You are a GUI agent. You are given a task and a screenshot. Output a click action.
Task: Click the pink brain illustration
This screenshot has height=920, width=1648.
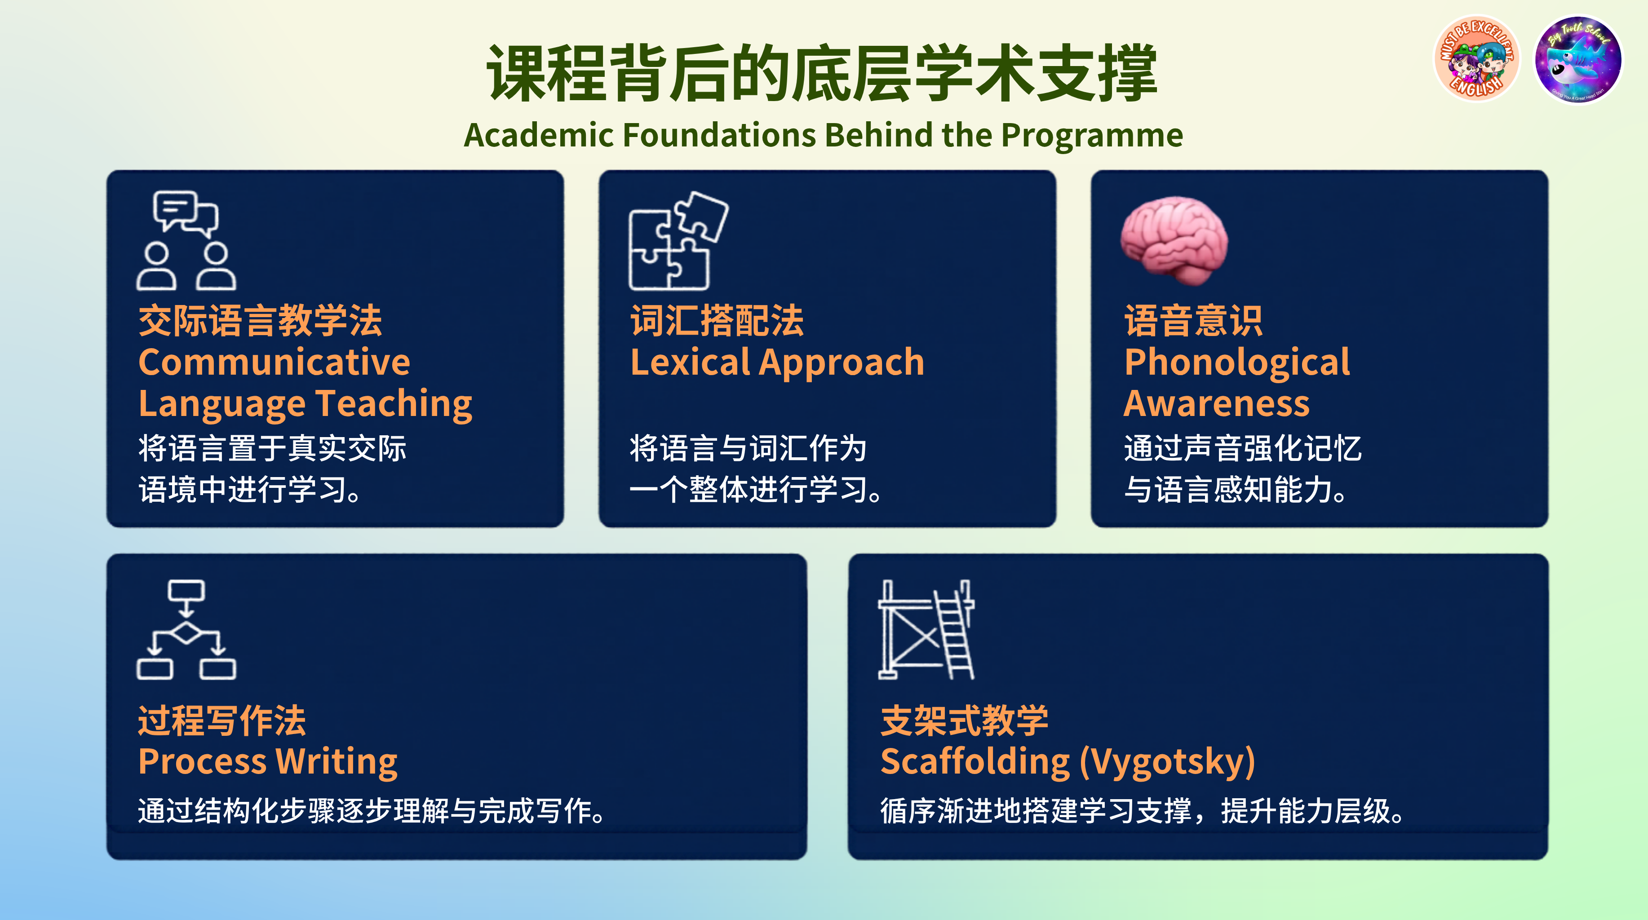[1174, 240]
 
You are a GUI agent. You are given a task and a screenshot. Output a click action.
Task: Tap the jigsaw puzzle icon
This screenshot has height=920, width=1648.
[678, 240]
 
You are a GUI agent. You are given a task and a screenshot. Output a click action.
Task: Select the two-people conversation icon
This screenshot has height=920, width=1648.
[186, 240]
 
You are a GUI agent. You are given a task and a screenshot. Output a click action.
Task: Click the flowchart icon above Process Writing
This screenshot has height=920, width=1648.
[186, 629]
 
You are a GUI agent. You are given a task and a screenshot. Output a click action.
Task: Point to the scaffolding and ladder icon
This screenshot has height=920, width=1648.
[926, 629]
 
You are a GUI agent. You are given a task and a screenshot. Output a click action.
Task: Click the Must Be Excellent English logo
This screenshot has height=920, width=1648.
[1476, 59]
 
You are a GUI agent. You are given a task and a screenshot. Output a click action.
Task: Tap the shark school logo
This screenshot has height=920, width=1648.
[1578, 59]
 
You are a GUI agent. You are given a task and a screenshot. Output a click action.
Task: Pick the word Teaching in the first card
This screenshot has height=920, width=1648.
[394, 404]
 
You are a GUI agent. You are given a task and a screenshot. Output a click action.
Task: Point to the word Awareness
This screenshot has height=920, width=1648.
[1217, 404]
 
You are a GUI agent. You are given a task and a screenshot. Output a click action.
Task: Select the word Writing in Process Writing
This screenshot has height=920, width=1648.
[337, 763]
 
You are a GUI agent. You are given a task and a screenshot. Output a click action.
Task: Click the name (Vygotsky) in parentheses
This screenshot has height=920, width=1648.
[1168, 763]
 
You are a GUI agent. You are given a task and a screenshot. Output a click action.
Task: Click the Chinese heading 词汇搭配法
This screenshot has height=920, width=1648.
[717, 321]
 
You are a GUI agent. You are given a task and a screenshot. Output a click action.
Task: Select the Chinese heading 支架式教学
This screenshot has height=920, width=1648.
[964, 721]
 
